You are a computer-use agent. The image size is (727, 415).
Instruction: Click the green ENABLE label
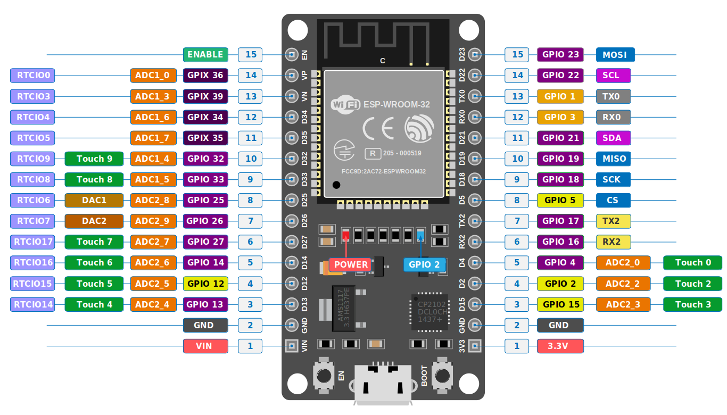(x=205, y=54)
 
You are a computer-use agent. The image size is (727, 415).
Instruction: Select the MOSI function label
(x=615, y=54)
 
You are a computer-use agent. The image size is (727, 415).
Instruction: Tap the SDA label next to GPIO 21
(x=613, y=138)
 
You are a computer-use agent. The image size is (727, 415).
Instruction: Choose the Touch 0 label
(x=692, y=262)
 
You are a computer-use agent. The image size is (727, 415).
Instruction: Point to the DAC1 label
(x=94, y=200)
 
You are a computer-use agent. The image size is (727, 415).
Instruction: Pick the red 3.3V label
(x=560, y=346)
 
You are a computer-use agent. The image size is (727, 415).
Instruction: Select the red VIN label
(x=205, y=346)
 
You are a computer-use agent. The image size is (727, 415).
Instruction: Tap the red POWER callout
(x=351, y=264)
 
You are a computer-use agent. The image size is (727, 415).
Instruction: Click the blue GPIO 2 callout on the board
(x=424, y=264)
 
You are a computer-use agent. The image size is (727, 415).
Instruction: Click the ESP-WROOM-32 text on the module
(x=396, y=105)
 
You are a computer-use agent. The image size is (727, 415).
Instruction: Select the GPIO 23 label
(x=560, y=54)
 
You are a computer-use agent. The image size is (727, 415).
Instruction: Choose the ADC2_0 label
(x=623, y=262)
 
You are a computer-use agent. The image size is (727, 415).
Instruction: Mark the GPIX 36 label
(x=205, y=75)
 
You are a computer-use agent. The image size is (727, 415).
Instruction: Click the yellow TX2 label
(x=613, y=221)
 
